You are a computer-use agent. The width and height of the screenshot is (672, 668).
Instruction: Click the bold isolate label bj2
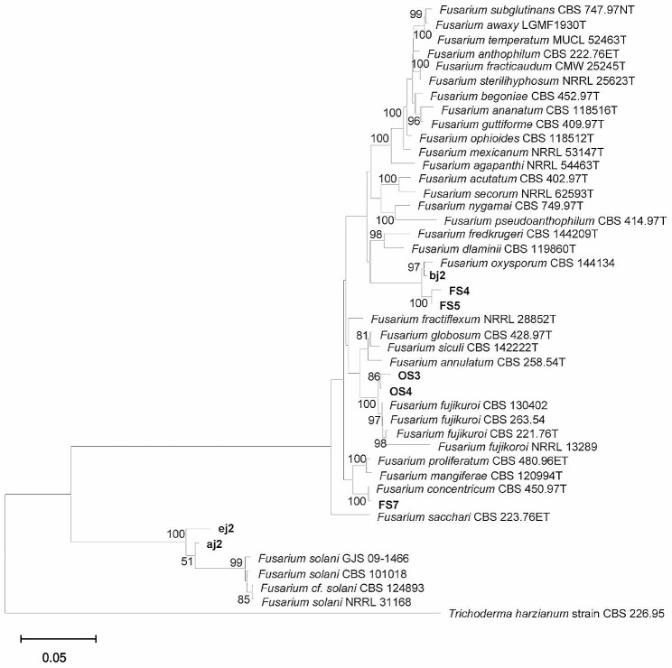click(440, 277)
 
